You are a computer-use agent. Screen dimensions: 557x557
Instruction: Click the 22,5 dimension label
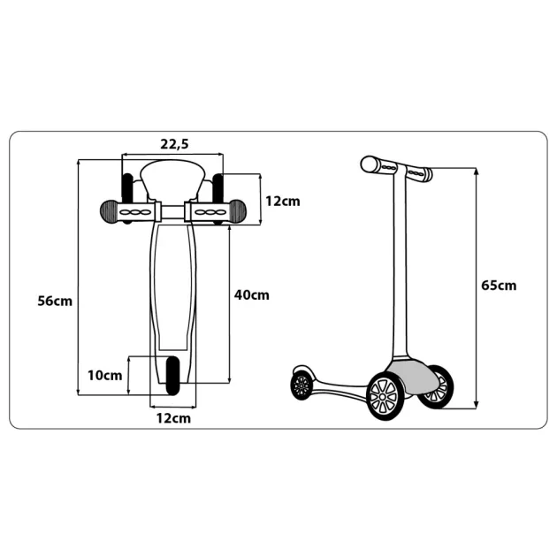pyautogui.click(x=174, y=144)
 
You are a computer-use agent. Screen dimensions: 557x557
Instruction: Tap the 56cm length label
pyautogui.click(x=55, y=301)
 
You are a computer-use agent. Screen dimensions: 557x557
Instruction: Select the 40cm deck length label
pyautogui.click(x=251, y=294)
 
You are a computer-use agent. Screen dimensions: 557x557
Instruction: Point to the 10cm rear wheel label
pyautogui.click(x=105, y=375)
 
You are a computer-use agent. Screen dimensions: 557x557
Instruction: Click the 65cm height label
pyautogui.click(x=499, y=286)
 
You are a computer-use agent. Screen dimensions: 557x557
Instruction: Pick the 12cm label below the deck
pyautogui.click(x=173, y=418)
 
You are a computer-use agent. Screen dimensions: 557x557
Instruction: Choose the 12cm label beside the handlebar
pyautogui.click(x=283, y=201)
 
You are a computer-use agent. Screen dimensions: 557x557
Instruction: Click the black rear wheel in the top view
pyautogui.click(x=173, y=376)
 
